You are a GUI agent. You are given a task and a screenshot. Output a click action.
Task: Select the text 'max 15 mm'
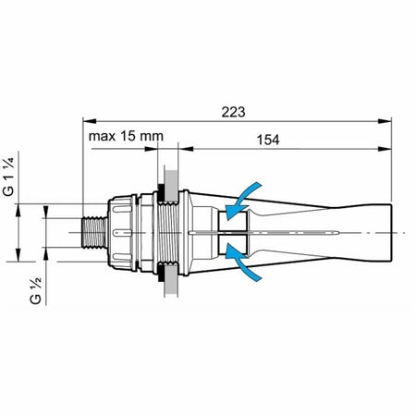(x=126, y=137)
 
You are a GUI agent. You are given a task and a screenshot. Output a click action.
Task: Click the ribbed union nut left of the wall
(x=125, y=232)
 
